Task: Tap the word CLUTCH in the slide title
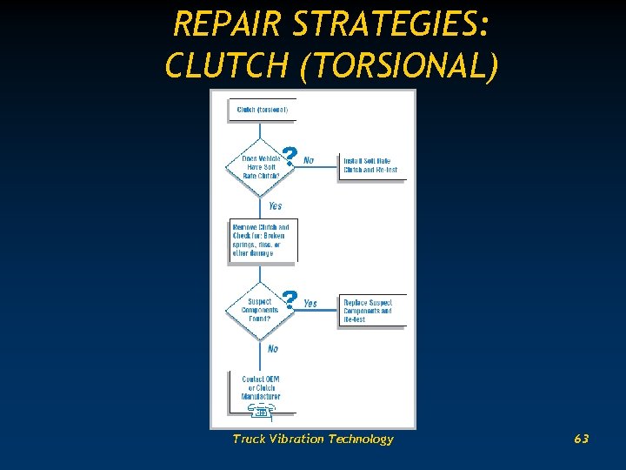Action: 226,65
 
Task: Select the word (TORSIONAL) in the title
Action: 398,65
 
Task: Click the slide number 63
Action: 581,439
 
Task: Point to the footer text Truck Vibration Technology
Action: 312,439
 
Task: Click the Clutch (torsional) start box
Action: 263,111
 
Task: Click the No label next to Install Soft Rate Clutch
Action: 309,160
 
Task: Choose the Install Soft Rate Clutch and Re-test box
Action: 371,165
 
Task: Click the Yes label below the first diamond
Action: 275,206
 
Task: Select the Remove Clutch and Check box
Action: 262,239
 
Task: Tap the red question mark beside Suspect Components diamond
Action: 290,299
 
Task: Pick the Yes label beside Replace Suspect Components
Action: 310,304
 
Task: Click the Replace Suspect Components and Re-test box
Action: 371,311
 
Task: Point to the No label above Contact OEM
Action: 273,349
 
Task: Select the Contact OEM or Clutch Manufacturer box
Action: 262,387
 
